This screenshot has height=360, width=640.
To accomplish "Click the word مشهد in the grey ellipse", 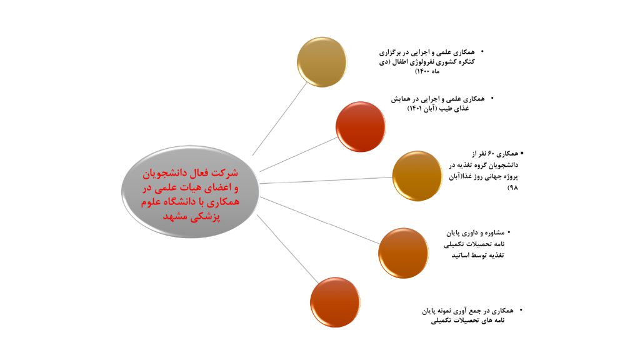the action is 175,216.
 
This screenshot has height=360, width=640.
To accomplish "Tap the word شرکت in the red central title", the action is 226,172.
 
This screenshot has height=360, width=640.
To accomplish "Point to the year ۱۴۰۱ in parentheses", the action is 416,109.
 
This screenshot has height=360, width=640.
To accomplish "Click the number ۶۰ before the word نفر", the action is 492,154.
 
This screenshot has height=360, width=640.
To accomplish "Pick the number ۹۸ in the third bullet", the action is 512,187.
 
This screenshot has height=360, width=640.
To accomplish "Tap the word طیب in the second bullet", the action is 446,109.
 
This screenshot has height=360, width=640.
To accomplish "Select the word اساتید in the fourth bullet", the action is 461,256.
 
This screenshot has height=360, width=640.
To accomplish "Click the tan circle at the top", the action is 322,62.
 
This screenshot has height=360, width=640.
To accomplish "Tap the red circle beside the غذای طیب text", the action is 361,126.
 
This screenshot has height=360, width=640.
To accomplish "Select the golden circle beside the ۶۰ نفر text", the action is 417,176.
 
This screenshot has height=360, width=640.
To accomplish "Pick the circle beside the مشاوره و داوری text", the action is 403,253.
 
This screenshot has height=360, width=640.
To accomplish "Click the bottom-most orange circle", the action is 335,302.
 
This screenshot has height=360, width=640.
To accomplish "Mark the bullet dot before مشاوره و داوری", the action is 509,232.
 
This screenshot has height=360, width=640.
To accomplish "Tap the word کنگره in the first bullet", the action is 466,62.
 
